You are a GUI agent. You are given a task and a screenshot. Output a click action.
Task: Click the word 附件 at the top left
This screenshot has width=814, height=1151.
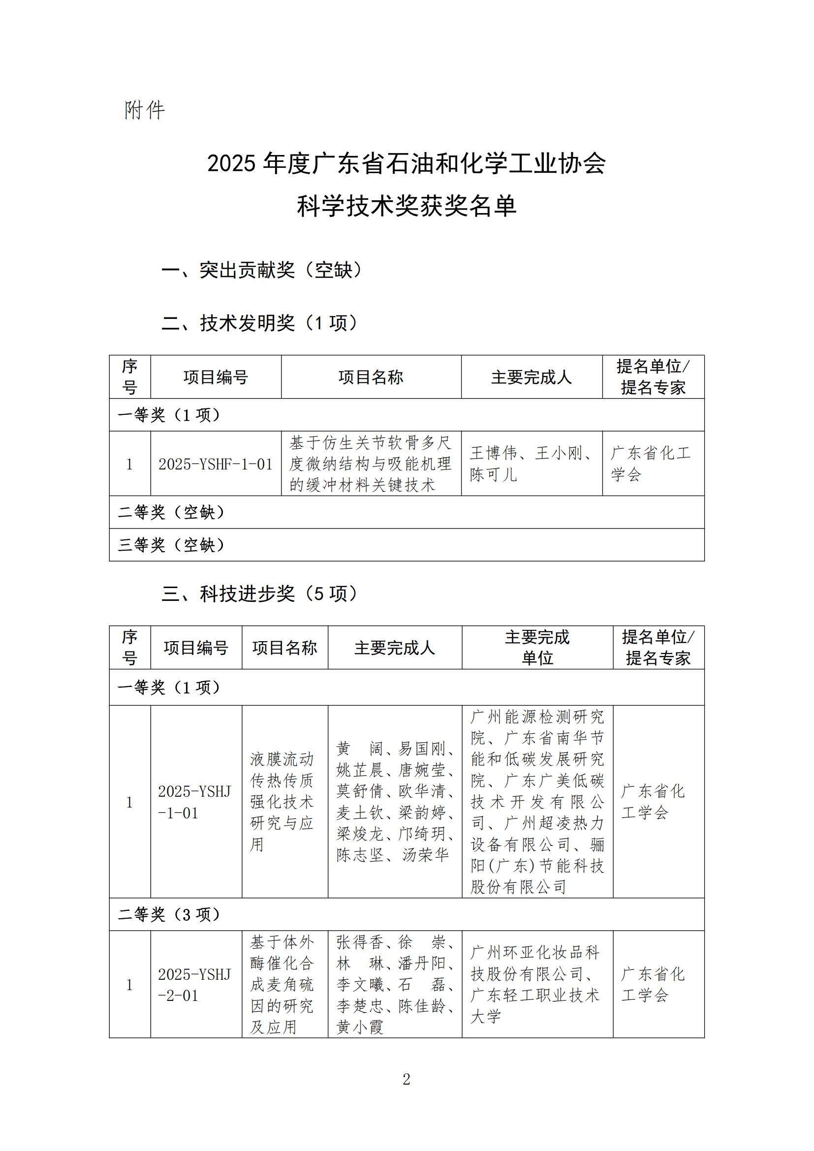pyautogui.click(x=144, y=110)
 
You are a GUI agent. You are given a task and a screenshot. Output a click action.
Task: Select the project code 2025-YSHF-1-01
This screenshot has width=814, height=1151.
pyautogui.click(x=216, y=464)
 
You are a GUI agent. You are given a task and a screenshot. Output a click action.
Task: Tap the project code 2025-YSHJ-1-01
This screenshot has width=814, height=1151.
pyautogui.click(x=194, y=802)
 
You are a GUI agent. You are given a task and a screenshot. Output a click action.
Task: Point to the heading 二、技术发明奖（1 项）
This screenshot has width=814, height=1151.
pyautogui.click(x=260, y=323)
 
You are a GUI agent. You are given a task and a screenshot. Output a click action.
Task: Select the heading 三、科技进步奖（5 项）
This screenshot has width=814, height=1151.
pyautogui.click(x=260, y=593)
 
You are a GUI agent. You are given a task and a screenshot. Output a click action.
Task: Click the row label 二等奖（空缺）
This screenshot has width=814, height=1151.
pyautogui.click(x=171, y=512)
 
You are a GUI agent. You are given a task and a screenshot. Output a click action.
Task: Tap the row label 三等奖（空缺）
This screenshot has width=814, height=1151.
pyautogui.click(x=171, y=545)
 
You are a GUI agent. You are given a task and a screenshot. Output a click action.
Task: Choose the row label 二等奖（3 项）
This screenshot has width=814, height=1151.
pyautogui.click(x=169, y=915)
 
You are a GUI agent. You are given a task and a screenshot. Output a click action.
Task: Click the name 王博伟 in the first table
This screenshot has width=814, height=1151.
pyautogui.click(x=493, y=453)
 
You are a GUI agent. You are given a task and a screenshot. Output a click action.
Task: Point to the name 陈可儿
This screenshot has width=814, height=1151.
pyautogui.click(x=493, y=475)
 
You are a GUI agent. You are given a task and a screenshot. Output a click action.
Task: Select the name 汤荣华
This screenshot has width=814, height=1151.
pyautogui.click(x=426, y=855)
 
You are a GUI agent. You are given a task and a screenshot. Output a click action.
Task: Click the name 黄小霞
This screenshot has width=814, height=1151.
pyautogui.click(x=360, y=1027)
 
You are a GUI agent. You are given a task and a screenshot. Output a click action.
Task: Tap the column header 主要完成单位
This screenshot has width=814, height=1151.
pyautogui.click(x=537, y=647)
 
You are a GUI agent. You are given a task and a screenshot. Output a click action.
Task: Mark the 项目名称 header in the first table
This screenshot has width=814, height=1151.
pyautogui.click(x=371, y=377)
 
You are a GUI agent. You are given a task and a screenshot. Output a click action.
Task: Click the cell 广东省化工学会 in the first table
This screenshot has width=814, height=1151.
pyautogui.click(x=651, y=464)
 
